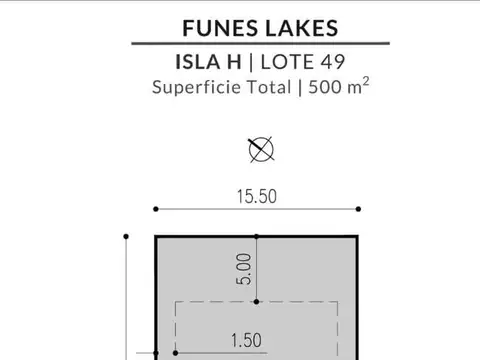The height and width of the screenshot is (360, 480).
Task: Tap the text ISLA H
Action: click(x=208, y=62)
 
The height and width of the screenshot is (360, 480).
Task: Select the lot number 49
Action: click(x=332, y=62)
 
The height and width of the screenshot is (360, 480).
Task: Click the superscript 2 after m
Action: click(x=366, y=81)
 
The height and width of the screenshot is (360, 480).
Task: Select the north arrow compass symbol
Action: click(x=261, y=149)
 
